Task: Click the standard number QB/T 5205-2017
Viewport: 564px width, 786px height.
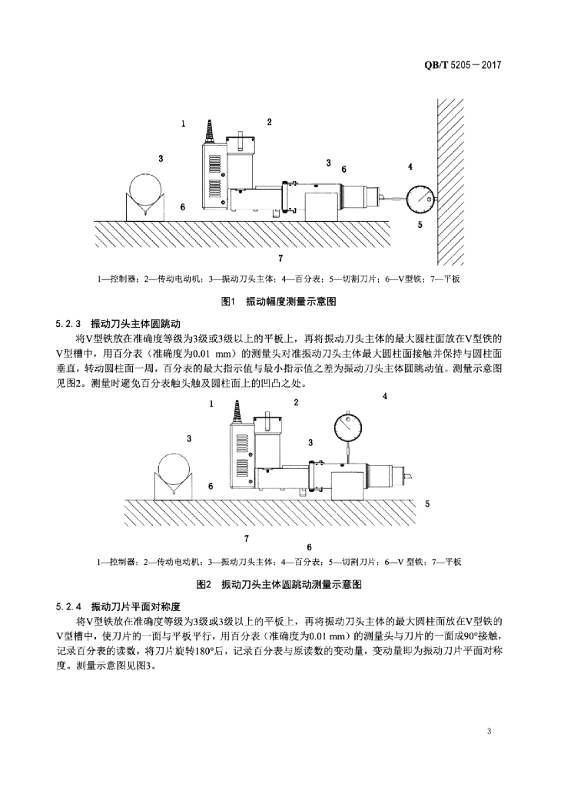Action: (x=462, y=66)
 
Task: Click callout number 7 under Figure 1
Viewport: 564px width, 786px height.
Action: (x=280, y=257)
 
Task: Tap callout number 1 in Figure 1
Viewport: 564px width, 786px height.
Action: (x=183, y=123)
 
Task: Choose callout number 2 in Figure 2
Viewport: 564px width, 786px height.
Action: (x=296, y=401)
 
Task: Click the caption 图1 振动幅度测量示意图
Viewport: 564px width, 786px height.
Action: (x=278, y=302)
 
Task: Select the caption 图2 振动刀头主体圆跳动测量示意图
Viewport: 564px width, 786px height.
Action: (x=280, y=584)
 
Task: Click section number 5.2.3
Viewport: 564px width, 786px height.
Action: (x=68, y=323)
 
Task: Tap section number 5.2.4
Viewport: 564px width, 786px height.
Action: (x=68, y=606)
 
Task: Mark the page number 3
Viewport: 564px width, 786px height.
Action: (x=489, y=730)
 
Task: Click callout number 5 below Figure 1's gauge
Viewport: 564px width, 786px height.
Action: (x=420, y=225)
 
